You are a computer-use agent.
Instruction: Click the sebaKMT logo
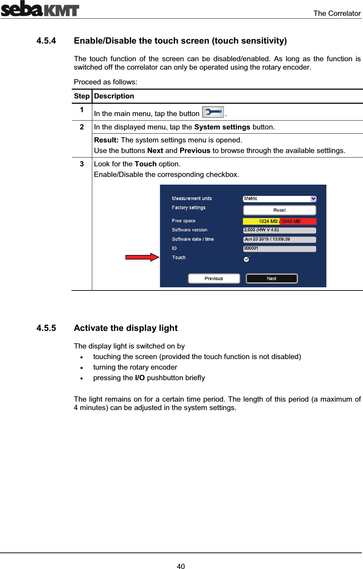coord(40,9)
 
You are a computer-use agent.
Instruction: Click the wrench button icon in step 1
coord(213,112)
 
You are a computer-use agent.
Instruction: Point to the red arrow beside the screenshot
coord(142,257)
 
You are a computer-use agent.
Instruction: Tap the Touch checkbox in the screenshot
coord(246,259)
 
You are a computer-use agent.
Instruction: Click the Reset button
coord(279,210)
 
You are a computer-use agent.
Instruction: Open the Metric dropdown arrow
coord(313,199)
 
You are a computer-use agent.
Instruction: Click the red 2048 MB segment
coord(298,221)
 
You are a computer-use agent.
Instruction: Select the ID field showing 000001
coord(279,248)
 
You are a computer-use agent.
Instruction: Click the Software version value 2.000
coord(279,230)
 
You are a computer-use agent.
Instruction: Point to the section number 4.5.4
coord(46,41)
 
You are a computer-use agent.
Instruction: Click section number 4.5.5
coord(46,328)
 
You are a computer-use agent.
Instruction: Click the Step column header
coord(82,96)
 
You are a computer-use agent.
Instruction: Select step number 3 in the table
coord(82,164)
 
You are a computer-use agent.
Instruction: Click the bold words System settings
coord(222,127)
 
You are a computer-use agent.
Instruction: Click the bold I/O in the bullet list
coord(140,378)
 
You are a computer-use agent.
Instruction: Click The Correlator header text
coord(337,13)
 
